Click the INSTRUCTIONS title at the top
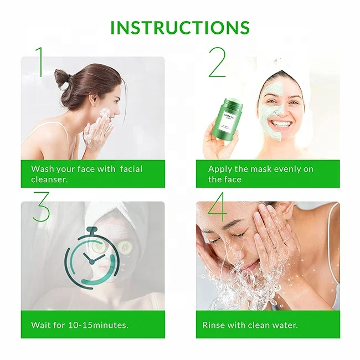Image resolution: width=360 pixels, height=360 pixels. (180, 27)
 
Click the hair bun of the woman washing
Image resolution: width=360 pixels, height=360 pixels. (61, 79)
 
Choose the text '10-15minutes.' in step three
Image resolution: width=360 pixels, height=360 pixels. (102, 325)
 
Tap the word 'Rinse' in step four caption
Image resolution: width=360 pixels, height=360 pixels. (214, 325)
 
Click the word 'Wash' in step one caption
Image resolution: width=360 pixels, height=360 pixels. (42, 169)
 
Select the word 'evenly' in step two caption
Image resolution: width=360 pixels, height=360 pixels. (289, 169)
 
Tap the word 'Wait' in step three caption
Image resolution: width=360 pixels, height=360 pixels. (41, 325)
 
